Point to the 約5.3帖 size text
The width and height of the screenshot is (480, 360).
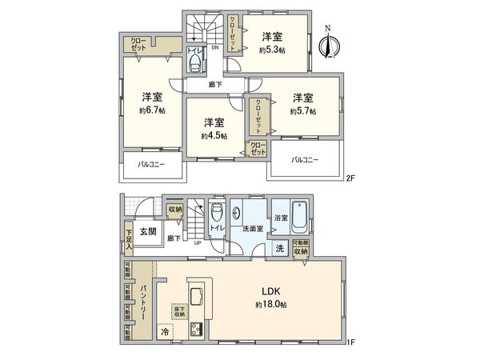coord(272,50)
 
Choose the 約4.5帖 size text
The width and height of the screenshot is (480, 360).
coord(213,135)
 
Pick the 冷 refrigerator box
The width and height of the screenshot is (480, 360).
coord(165,330)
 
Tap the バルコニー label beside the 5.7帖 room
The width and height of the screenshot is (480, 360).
coord(304,159)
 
